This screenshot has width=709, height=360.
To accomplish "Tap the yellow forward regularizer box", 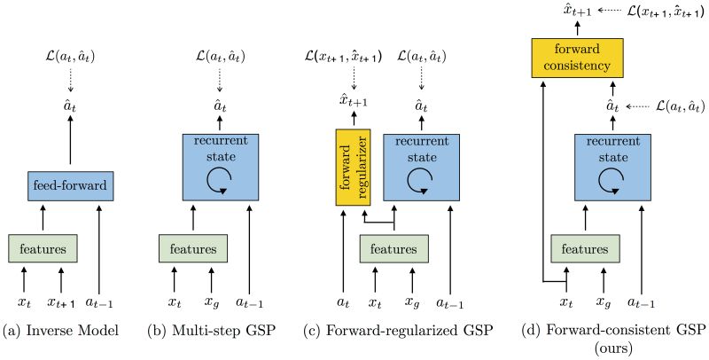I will pyautogui.click(x=352, y=167).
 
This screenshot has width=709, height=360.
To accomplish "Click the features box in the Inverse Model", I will pyautogui.click(x=42, y=248).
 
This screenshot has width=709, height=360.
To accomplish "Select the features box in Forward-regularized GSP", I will pyautogui.click(x=393, y=248).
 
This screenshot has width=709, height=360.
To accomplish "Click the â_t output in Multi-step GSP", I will pyautogui.click(x=220, y=107).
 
